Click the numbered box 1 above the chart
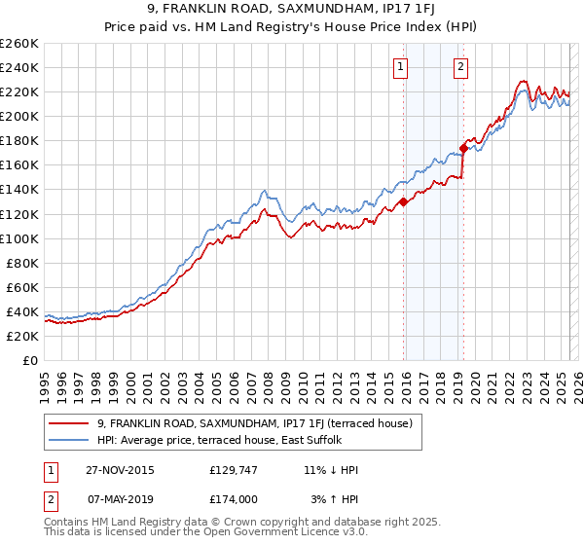point(401,67)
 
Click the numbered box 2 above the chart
point(459,67)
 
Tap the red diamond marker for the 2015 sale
point(403,202)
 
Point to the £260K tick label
point(18,44)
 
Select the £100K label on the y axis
point(18,238)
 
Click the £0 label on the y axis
point(31,360)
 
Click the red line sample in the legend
point(70,423)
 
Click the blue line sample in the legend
point(70,439)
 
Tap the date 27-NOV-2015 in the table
point(120,470)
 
